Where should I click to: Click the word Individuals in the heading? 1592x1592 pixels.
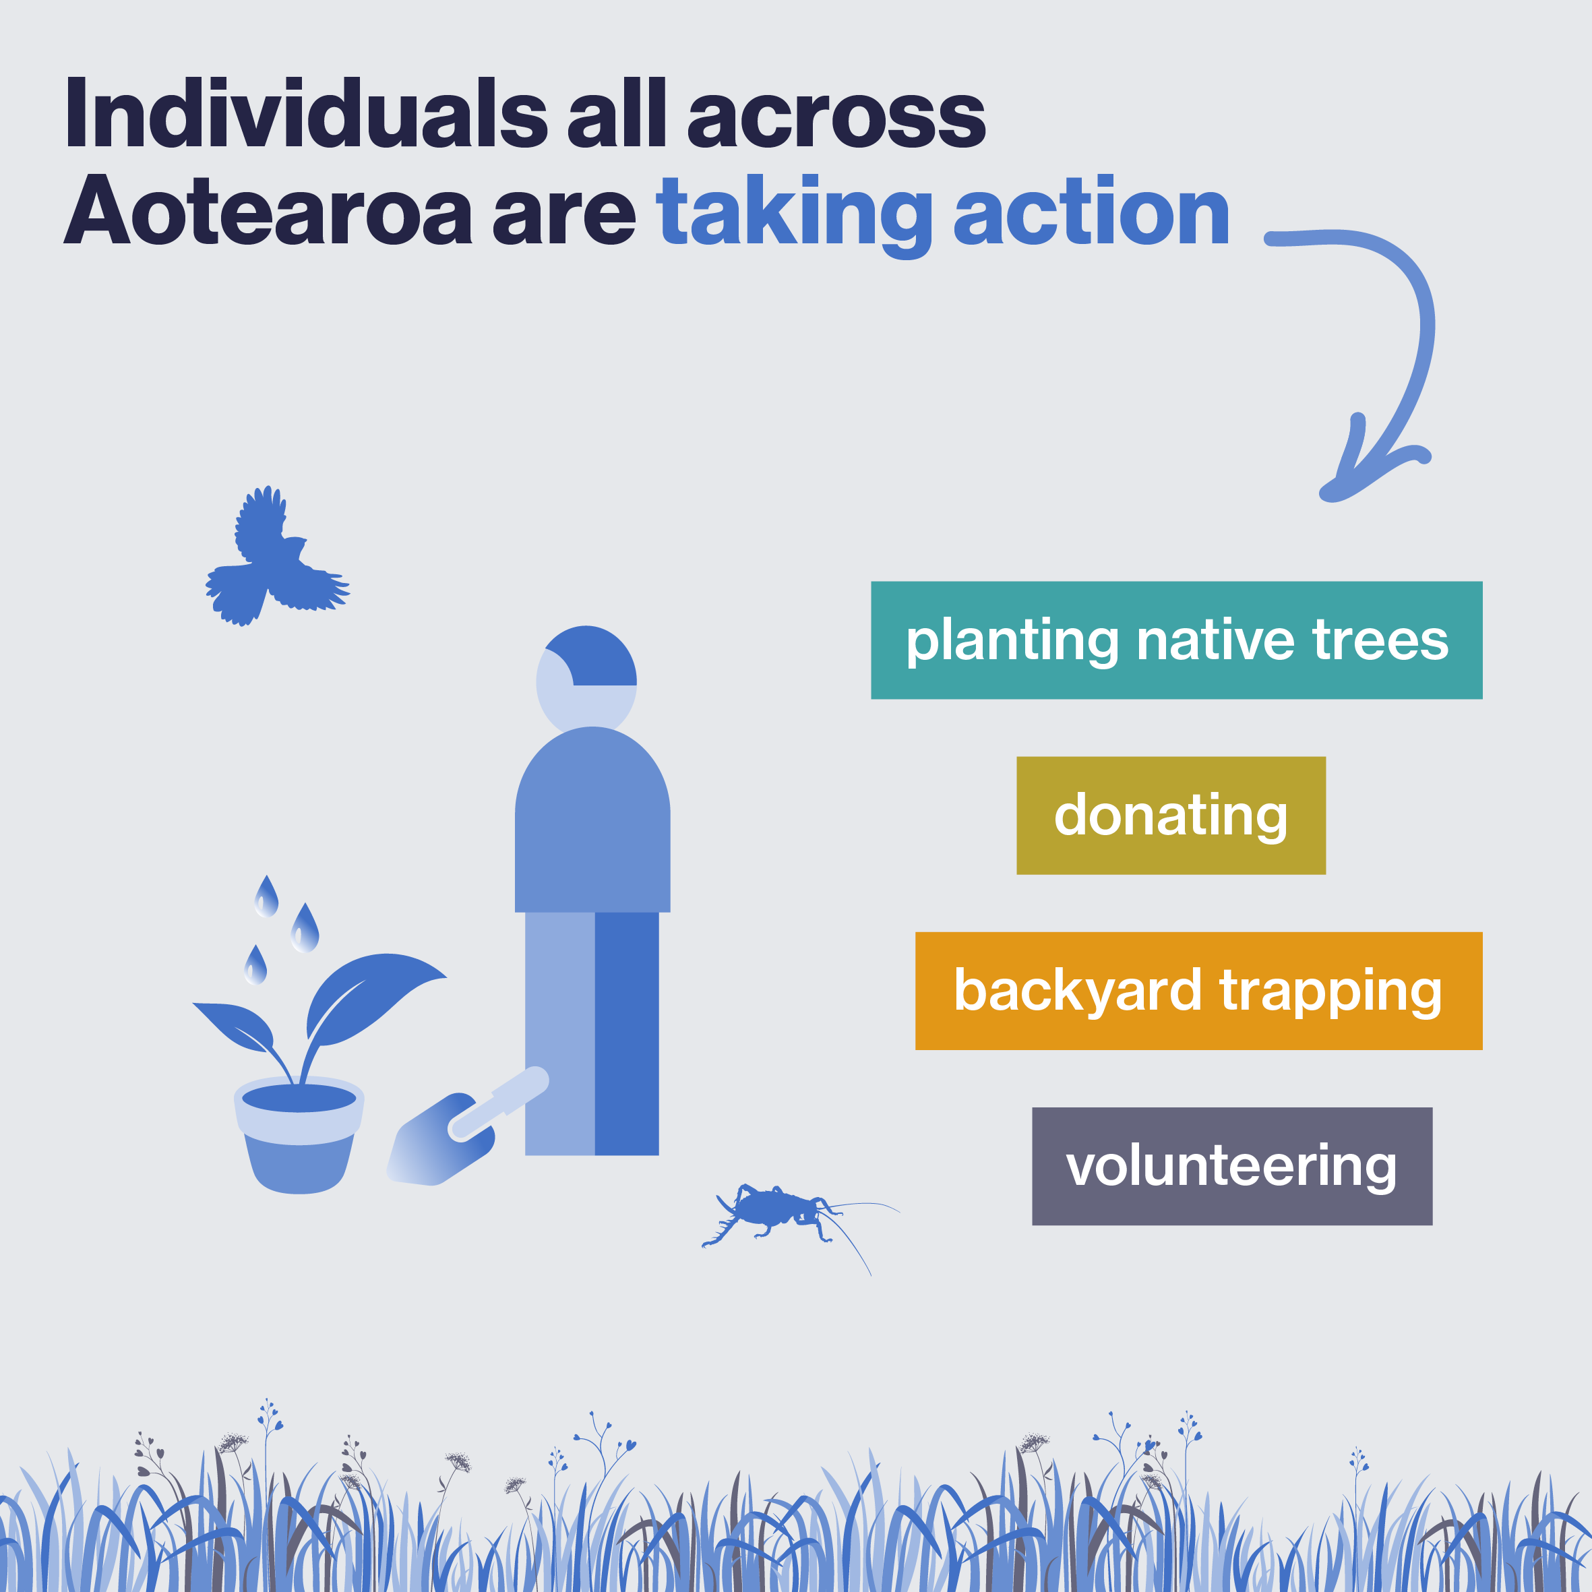[306, 113]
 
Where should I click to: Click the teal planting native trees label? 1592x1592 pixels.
[1177, 640]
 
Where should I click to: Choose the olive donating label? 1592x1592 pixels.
[1171, 815]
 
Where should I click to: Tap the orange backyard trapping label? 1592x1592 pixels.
[1199, 991]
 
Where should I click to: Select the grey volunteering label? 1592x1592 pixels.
[1232, 1166]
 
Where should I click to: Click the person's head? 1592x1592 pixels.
[586, 677]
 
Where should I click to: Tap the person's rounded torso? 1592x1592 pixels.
[592, 820]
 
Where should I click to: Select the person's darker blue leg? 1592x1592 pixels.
[627, 1033]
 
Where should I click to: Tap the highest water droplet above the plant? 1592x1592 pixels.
[266, 896]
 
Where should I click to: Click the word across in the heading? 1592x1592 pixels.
[836, 119]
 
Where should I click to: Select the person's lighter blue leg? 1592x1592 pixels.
[560, 1033]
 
